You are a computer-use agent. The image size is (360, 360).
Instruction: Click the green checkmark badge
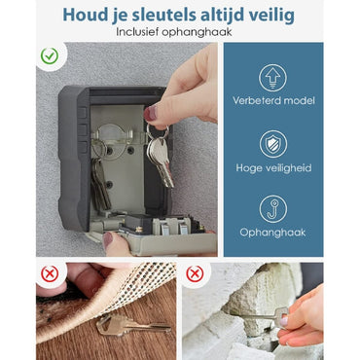50,57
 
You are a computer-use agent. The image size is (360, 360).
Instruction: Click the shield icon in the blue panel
272,144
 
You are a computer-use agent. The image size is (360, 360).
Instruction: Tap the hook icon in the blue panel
272,208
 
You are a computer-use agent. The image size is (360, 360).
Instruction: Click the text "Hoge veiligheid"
272,169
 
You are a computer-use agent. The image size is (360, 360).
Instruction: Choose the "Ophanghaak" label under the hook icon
272,234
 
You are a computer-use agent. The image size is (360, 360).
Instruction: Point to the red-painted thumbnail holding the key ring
151,114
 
